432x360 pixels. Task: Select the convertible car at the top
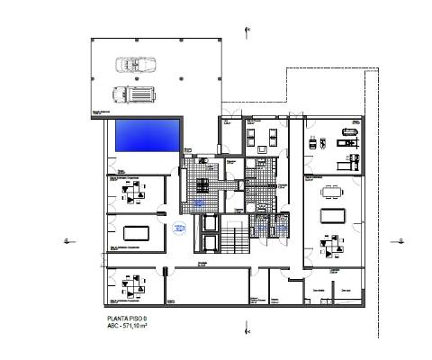(132, 65)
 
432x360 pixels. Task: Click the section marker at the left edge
(67, 240)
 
